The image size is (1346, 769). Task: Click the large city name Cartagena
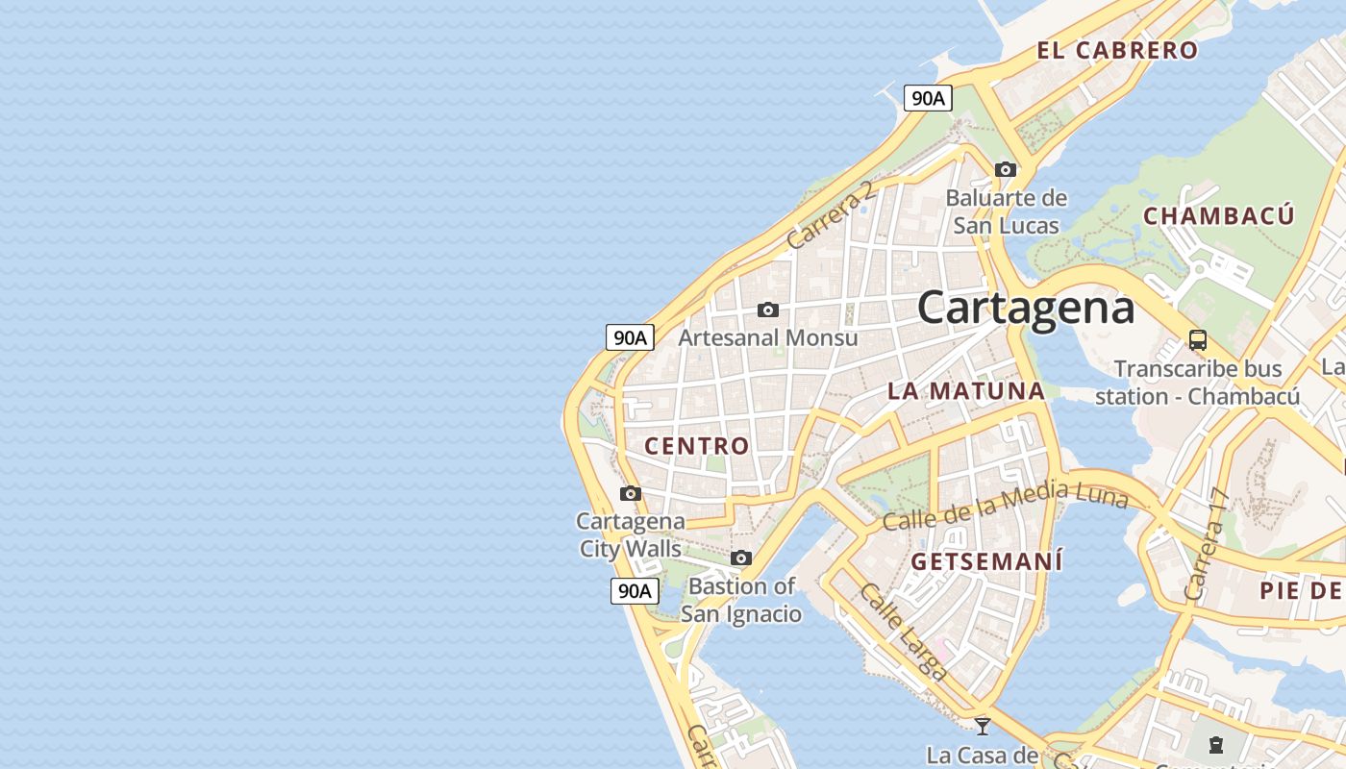pyautogui.click(x=1026, y=308)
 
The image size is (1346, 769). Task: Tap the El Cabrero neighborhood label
pyautogui.click(x=1117, y=50)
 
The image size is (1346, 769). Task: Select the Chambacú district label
pyautogui.click(x=1218, y=215)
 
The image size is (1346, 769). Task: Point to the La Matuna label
pyautogui.click(x=965, y=390)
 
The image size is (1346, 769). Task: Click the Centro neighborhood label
pyautogui.click(x=696, y=445)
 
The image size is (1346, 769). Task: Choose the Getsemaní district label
pyautogui.click(x=986, y=561)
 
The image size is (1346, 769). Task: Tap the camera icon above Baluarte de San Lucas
pyautogui.click(x=1006, y=170)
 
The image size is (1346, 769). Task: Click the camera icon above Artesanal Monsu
pyautogui.click(x=767, y=310)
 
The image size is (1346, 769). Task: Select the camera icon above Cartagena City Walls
pyautogui.click(x=631, y=494)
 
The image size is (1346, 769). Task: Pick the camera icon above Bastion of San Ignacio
pyautogui.click(x=740, y=558)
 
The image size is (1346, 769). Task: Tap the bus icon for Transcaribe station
pyautogui.click(x=1197, y=339)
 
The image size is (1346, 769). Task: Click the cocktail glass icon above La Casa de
pyautogui.click(x=982, y=726)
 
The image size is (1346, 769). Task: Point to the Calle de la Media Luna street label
pyautogui.click(x=1005, y=508)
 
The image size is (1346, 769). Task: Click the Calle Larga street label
pyautogui.click(x=904, y=632)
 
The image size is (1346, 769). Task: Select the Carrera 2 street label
pyautogui.click(x=831, y=214)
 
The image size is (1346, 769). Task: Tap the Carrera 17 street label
pyautogui.click(x=1208, y=544)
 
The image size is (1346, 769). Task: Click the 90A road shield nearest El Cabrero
pyautogui.click(x=928, y=98)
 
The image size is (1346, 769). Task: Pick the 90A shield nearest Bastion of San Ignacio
pyautogui.click(x=635, y=591)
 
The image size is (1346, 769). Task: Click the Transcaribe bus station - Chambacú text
pyautogui.click(x=1197, y=383)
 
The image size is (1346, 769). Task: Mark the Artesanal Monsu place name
pyautogui.click(x=767, y=337)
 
